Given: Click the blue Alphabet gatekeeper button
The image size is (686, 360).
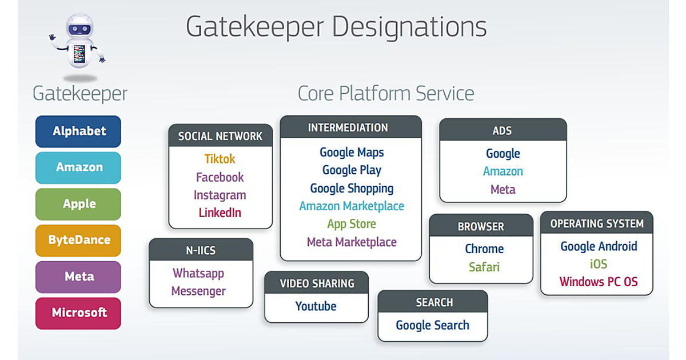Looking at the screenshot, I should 78,131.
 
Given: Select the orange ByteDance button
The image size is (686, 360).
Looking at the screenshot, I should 78,240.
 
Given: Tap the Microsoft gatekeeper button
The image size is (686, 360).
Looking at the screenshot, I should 78,313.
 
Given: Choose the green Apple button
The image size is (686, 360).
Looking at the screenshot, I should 78,204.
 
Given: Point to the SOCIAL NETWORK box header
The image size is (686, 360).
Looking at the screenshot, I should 220,136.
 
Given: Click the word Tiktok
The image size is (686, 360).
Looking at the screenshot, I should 220,159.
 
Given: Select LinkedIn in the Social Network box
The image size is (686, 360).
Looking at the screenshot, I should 220,213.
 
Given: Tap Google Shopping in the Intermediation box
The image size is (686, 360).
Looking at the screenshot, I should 352,188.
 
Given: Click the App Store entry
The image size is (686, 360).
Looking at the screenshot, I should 352,224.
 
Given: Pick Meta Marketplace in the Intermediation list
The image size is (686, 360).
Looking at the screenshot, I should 352,242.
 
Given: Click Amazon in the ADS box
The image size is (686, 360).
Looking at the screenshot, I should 502,171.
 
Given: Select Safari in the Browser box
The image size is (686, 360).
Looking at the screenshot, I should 484,267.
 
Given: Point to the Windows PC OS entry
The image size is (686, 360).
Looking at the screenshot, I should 598,282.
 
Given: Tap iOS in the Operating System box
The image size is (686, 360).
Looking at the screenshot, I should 598,264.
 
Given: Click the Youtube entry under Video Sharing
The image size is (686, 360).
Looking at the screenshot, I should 316,306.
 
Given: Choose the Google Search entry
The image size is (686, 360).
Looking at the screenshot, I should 432,325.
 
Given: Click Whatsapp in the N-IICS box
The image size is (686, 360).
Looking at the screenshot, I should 198,273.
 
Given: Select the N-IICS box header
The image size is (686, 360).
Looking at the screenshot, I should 201,250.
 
